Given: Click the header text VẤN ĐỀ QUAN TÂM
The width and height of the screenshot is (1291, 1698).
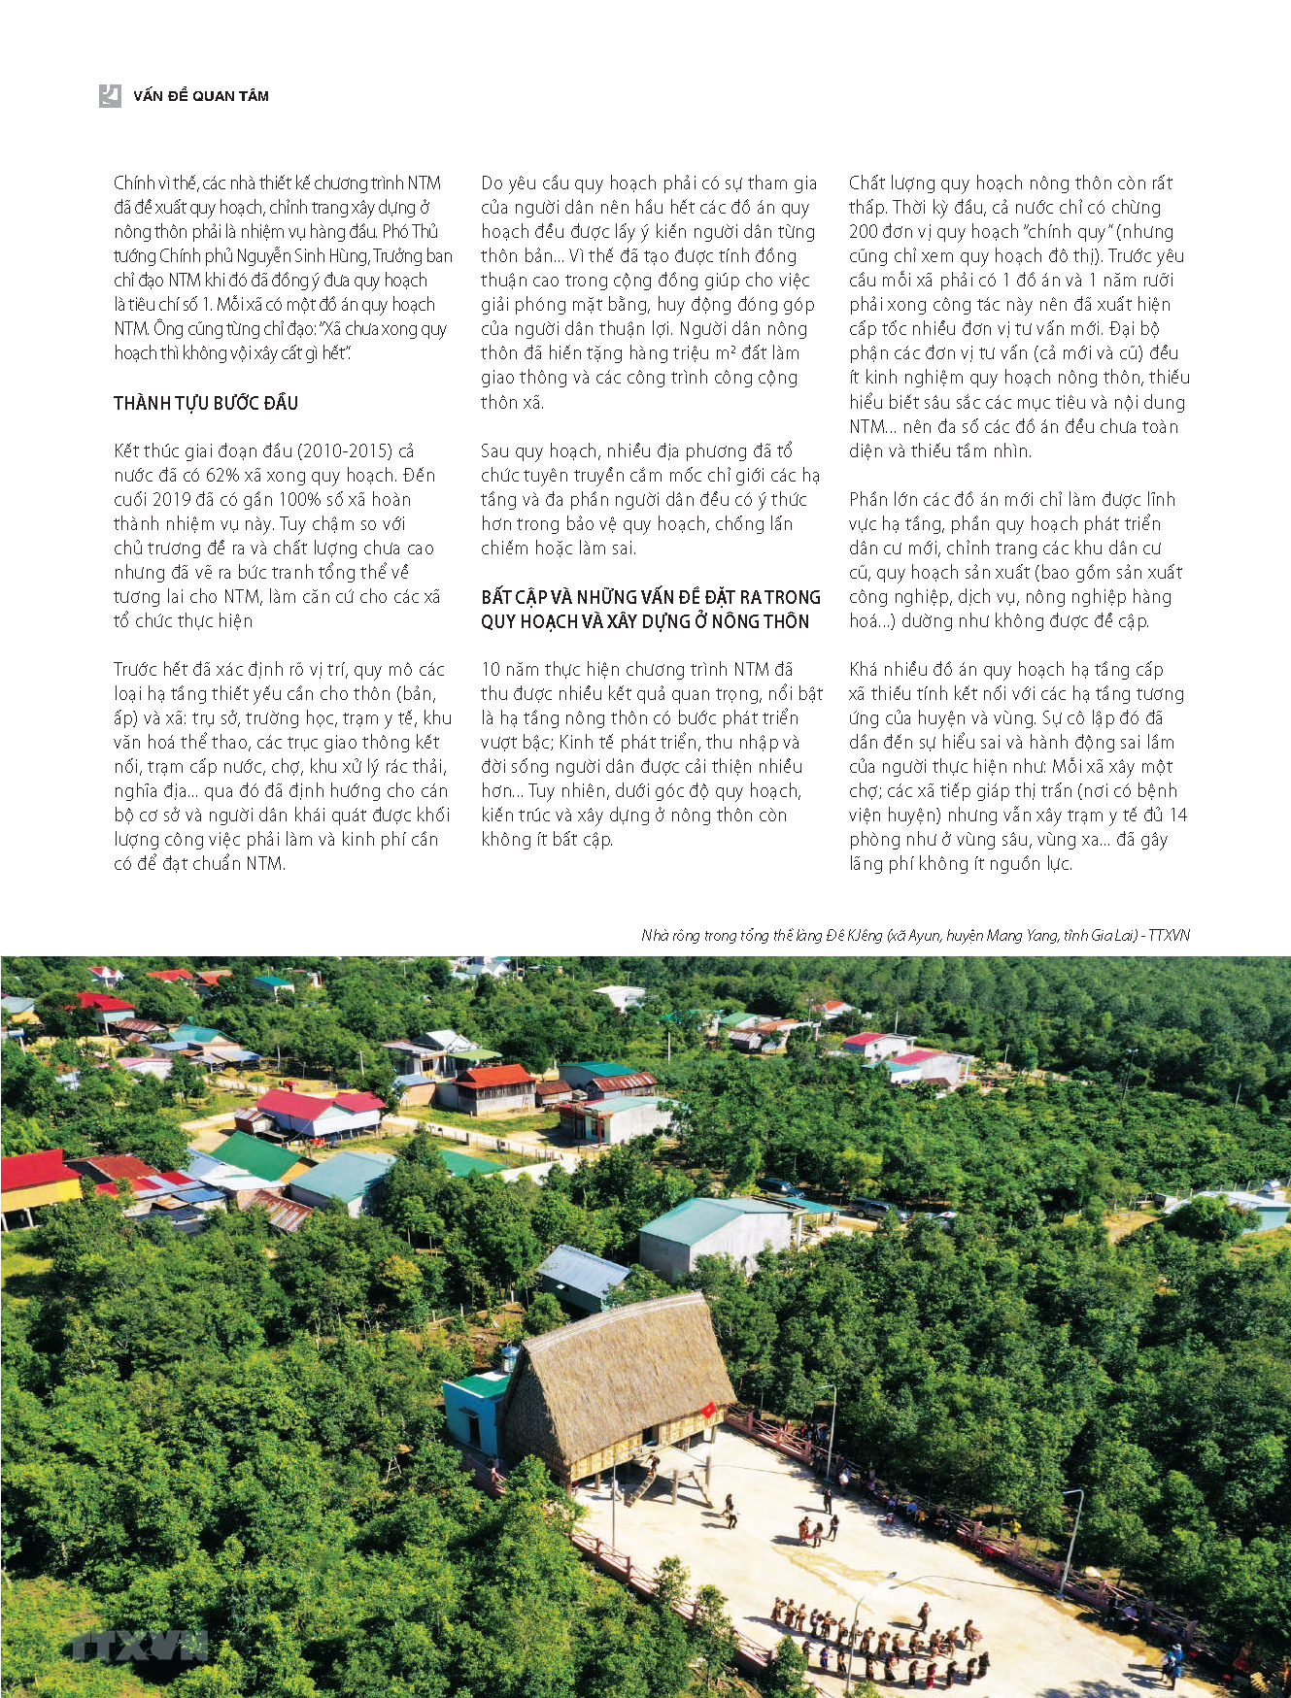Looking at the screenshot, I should pyautogui.click(x=201, y=96).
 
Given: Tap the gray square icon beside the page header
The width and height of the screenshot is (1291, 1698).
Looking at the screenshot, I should pyautogui.click(x=110, y=95).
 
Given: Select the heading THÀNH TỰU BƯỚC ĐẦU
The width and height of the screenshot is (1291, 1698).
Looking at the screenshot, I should pyautogui.click(x=206, y=403).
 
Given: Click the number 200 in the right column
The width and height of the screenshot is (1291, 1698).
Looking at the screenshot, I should pyautogui.click(x=864, y=232).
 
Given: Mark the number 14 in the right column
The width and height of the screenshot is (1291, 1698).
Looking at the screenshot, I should pyautogui.click(x=1177, y=816).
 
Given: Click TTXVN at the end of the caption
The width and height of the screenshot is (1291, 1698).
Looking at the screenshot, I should pyautogui.click(x=1170, y=936).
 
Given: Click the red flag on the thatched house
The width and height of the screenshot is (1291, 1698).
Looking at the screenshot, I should pyautogui.click(x=709, y=1409).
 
